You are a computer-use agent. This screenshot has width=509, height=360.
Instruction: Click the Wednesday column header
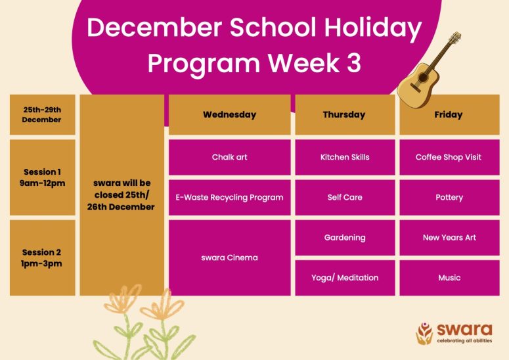[x=229, y=114]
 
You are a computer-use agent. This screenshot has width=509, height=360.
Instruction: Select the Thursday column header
[x=345, y=114]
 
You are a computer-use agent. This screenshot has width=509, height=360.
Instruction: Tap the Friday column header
[x=449, y=114]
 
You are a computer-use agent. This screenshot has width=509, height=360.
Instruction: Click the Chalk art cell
[x=229, y=158]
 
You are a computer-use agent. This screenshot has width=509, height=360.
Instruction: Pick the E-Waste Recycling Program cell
[x=229, y=197]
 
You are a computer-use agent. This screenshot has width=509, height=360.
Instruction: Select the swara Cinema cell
[x=229, y=258]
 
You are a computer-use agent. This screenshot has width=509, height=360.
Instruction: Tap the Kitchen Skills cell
[x=345, y=158]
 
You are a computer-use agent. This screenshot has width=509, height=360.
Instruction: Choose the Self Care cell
[x=345, y=197]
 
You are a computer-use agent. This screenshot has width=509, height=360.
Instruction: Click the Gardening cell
[x=345, y=238]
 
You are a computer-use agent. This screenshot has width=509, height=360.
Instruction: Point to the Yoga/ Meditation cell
[x=345, y=278]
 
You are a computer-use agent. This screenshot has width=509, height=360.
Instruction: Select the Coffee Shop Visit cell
[x=449, y=158]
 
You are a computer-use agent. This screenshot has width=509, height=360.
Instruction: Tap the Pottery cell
[x=449, y=197]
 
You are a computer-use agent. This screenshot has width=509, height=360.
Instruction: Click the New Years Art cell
[x=449, y=238]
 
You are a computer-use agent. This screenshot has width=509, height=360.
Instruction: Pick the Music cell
[x=449, y=278]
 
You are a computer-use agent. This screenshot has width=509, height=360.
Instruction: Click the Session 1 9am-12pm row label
[x=43, y=177]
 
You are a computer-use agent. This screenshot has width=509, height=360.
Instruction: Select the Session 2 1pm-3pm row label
[x=43, y=258]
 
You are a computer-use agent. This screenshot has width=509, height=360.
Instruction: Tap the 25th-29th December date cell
[x=43, y=114]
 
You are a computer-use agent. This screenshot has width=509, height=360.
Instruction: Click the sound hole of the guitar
[x=423, y=78]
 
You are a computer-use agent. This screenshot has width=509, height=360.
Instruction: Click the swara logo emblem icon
[x=424, y=333]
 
